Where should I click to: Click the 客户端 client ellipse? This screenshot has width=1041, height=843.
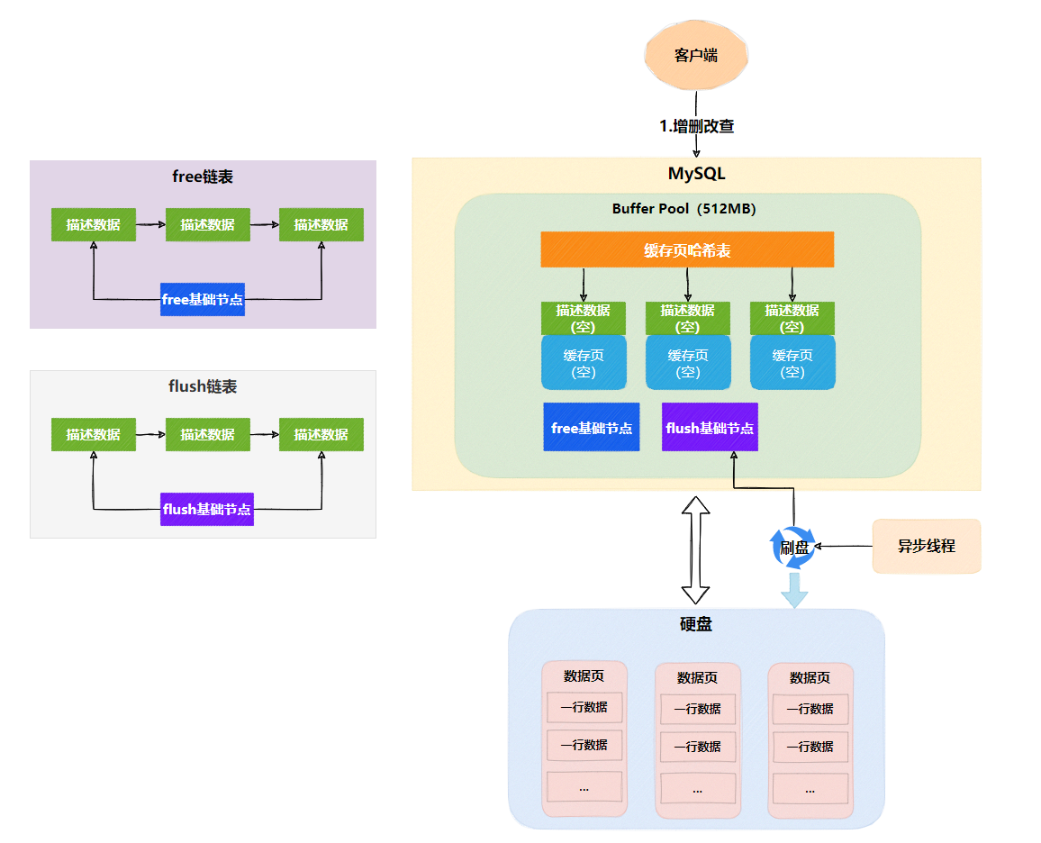[696, 56]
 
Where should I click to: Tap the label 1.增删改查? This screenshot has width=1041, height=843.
[697, 126]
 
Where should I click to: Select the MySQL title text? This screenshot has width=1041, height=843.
[696, 173]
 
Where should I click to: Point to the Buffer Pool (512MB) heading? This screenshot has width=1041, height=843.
[683, 209]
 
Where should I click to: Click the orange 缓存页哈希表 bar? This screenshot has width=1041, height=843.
[687, 250]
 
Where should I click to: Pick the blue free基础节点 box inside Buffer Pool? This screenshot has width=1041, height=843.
[592, 428]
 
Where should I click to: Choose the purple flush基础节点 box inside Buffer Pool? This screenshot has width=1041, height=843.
[710, 428]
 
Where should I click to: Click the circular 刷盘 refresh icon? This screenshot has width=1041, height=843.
[793, 548]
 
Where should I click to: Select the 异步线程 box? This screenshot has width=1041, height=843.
[926, 546]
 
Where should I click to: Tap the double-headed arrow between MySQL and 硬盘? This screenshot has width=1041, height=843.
[696, 549]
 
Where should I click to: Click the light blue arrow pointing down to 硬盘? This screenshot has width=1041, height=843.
[794, 589]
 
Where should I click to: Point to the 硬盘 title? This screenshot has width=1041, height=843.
[696, 624]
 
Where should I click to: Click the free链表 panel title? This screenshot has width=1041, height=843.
[203, 177]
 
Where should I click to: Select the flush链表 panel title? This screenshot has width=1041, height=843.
[203, 386]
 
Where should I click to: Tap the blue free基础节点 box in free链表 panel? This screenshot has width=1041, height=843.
[203, 299]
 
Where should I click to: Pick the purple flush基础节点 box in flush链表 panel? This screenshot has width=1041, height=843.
[207, 509]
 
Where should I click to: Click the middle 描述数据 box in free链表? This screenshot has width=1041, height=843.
[208, 224]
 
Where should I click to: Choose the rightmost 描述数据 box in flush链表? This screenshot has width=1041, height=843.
[321, 434]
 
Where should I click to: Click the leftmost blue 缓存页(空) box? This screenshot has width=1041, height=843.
[584, 363]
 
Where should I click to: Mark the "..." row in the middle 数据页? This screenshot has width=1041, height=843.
[698, 789]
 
